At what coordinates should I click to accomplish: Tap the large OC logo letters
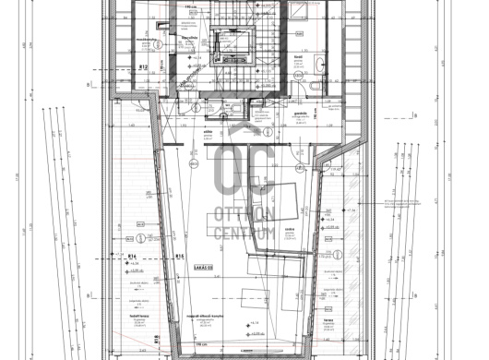pos(244,174)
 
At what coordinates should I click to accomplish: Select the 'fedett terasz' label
pos(126,315)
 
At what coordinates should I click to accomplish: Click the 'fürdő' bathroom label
pos(298,57)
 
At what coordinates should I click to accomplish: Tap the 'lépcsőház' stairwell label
pos(191,39)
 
